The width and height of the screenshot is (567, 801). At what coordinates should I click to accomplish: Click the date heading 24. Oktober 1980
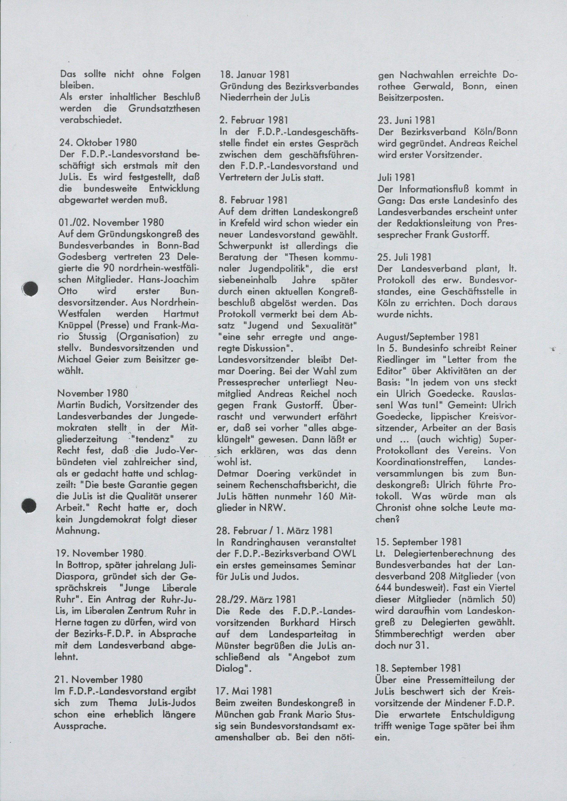point(98,143)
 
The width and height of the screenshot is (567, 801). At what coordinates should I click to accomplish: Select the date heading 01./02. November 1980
point(111,222)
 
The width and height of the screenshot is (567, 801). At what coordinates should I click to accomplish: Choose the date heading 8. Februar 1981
point(253,200)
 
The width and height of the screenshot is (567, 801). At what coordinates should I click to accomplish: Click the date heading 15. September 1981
point(419,542)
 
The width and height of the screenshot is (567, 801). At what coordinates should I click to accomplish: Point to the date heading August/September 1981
point(428,337)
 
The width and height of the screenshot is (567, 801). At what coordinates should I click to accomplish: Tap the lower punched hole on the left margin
point(29,506)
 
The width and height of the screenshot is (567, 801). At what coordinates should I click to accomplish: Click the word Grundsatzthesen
point(164,109)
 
